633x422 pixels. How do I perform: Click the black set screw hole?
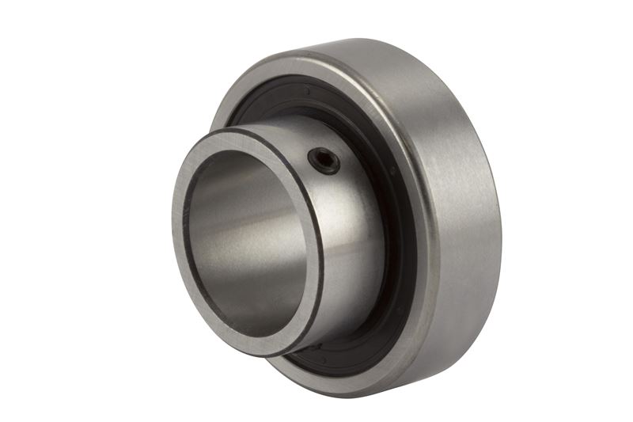pyautogui.click(x=324, y=161)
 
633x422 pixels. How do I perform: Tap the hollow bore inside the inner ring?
pyautogui.click(x=245, y=238)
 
